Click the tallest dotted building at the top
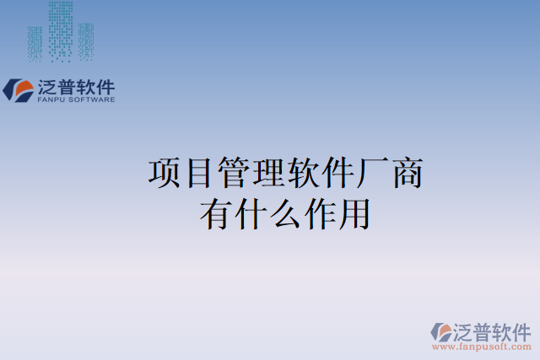tap(61, 30)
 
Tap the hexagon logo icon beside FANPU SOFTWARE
tap(17, 90)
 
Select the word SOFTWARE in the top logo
tap(94, 99)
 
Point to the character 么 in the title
tap(285, 213)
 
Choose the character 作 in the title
tap(320, 213)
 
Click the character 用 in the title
tap(354, 213)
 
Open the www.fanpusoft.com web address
tap(481, 347)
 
